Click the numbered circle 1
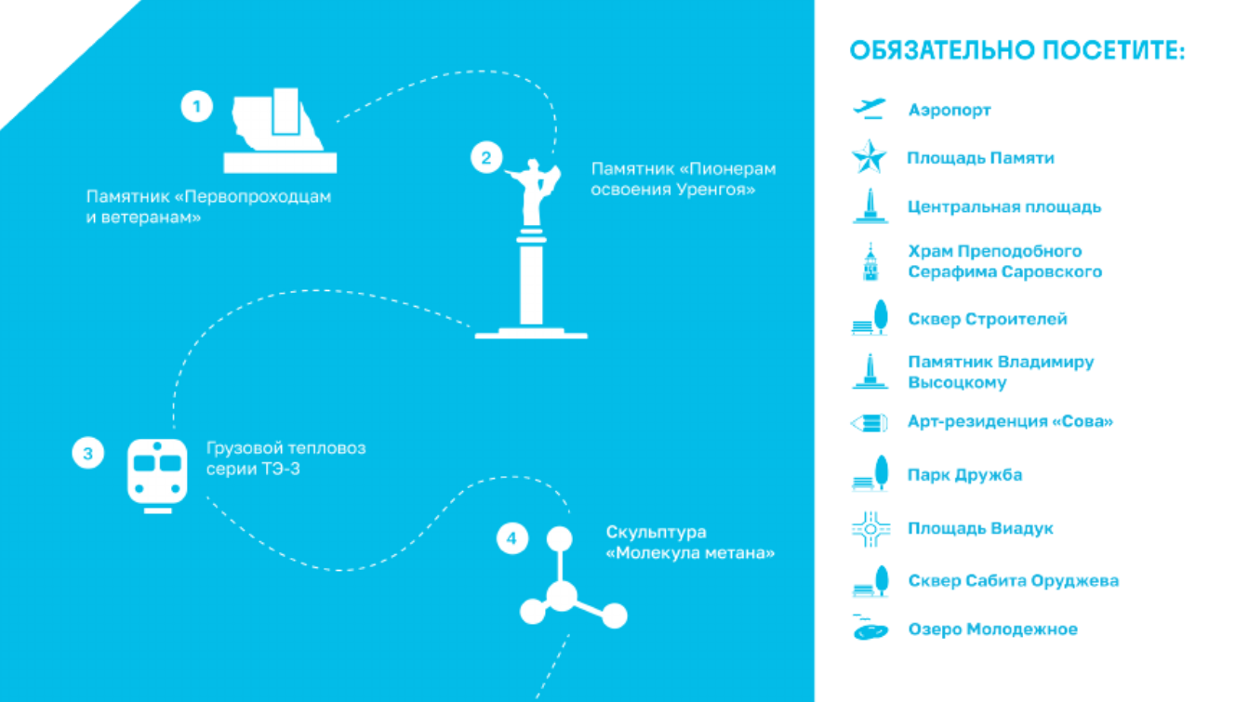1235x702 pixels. coord(197,106)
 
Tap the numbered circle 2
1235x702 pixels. coord(486,158)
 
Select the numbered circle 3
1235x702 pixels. coord(88,454)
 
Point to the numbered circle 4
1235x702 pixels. coord(512,538)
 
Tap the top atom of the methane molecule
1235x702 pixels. coord(560,538)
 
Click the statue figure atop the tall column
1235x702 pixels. coord(534,191)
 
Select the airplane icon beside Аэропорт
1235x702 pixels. coord(870,108)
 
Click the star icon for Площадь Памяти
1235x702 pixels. coord(870,156)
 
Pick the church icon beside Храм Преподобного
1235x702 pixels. coord(870,262)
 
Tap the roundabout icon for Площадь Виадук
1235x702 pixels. coord(870,529)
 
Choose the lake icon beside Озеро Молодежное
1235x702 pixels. coord(870,629)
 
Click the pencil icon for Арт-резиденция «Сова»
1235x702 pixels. coord(870,423)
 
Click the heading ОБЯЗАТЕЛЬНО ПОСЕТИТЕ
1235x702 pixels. coord(1017,51)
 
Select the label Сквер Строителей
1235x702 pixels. coord(988,319)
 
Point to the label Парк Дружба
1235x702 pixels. coord(965,475)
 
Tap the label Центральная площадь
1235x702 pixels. coord(1004,206)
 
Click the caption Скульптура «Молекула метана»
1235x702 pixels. coord(690,543)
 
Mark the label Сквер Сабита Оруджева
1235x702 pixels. coord(1014,581)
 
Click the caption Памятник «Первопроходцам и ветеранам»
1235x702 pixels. coord(208,206)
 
